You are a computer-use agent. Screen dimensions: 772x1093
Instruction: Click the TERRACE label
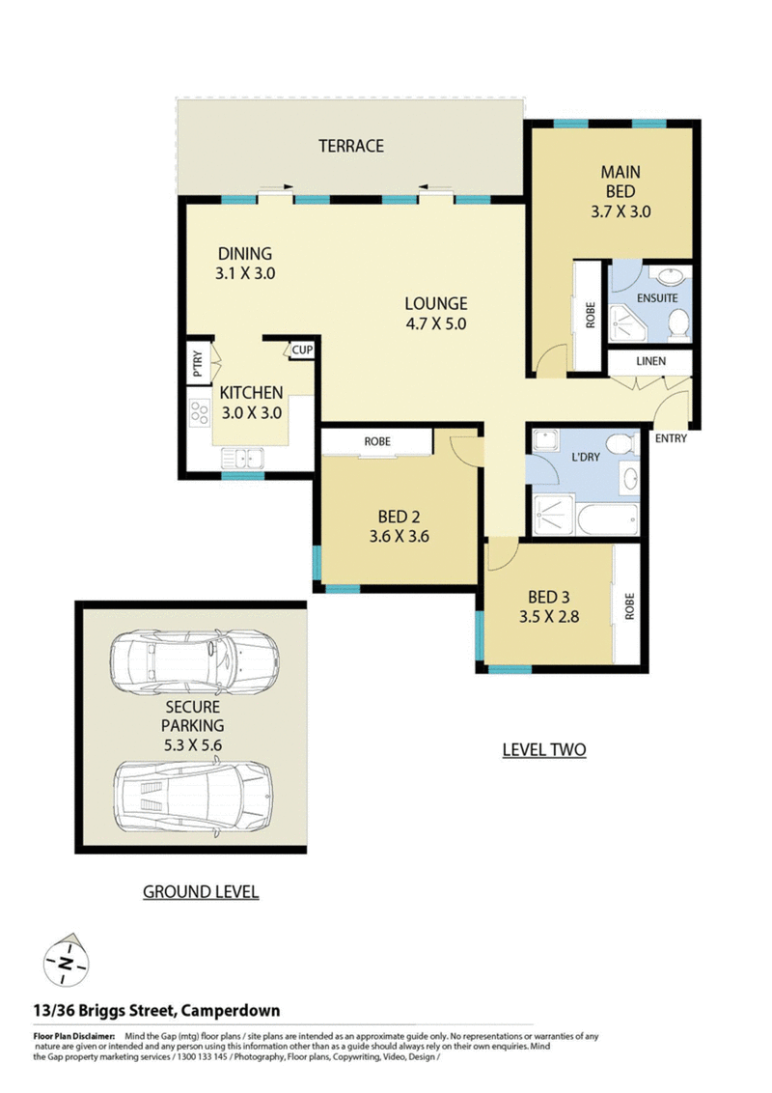(351, 146)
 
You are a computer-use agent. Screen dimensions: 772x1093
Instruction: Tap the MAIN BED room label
(620, 182)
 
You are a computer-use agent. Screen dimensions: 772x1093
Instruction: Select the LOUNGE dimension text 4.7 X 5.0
(436, 323)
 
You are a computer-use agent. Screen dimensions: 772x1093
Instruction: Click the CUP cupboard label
(302, 350)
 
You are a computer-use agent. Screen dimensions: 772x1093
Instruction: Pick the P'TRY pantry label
(198, 363)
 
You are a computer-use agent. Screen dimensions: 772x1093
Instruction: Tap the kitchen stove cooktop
(199, 412)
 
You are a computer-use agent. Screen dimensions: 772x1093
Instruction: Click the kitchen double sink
(242, 459)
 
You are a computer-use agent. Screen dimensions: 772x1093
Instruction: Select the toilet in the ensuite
(678, 324)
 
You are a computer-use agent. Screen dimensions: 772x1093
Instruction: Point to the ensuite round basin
(672, 277)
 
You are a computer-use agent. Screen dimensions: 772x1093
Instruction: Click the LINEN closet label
(650, 361)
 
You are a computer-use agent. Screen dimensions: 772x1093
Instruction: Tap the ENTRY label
(671, 438)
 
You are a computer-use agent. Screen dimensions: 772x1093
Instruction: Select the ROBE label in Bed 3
(630, 606)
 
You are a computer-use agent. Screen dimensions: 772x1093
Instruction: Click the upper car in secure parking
(195, 662)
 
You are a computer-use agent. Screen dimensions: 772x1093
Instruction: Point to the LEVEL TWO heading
(544, 750)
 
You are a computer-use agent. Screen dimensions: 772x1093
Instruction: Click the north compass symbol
(67, 962)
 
